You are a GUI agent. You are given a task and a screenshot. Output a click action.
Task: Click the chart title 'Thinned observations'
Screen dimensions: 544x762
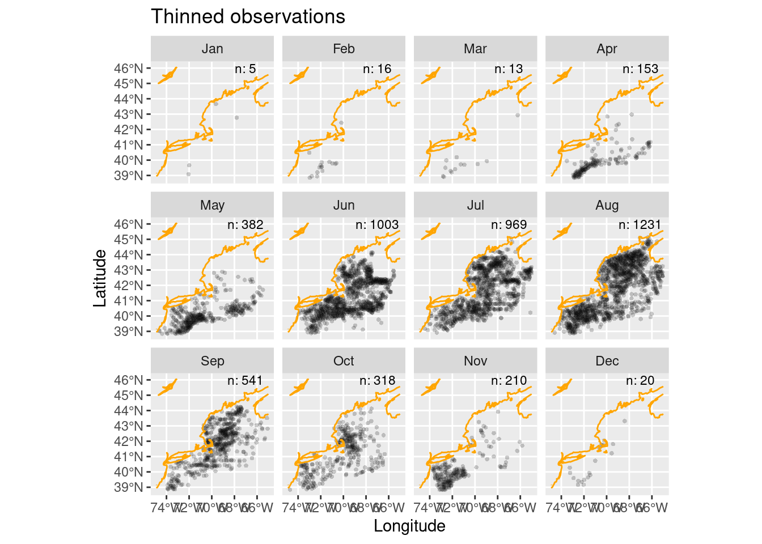pyautogui.click(x=248, y=17)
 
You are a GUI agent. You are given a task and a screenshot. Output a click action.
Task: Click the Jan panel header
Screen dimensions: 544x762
pyautogui.click(x=212, y=49)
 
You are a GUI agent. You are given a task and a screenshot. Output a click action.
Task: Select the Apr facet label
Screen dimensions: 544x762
pyautogui.click(x=607, y=49)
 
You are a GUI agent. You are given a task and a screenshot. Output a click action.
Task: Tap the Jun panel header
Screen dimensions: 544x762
pyautogui.click(x=344, y=205)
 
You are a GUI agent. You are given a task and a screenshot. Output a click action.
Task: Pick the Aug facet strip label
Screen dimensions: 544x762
pyautogui.click(x=607, y=205)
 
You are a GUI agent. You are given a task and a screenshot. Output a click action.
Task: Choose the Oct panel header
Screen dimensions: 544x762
pyautogui.click(x=344, y=361)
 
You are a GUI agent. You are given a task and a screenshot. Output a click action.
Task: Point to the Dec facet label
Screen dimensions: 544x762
pyautogui.click(x=607, y=361)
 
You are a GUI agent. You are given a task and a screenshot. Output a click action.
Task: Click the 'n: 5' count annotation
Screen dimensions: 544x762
pyautogui.click(x=245, y=69)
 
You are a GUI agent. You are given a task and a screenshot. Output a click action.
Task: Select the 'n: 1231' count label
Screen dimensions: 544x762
pyautogui.click(x=640, y=225)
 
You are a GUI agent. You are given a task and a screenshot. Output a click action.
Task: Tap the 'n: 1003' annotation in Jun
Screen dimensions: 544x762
pyautogui.click(x=377, y=225)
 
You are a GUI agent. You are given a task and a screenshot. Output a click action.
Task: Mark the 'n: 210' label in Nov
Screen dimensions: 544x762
pyautogui.click(x=509, y=381)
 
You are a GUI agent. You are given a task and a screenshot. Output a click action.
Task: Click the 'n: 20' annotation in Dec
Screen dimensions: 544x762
pyautogui.click(x=640, y=381)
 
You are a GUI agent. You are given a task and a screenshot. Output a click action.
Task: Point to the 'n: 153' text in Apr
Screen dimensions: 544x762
pyautogui.click(x=640, y=69)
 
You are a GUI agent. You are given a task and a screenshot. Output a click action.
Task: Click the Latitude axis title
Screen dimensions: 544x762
pyautogui.click(x=100, y=278)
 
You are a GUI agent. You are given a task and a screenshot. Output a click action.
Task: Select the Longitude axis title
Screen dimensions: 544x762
pyautogui.click(x=409, y=526)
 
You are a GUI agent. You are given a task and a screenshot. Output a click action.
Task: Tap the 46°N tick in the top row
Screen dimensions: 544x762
pyautogui.click(x=129, y=69)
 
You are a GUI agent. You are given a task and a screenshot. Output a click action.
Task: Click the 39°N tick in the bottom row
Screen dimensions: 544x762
pyautogui.click(x=129, y=487)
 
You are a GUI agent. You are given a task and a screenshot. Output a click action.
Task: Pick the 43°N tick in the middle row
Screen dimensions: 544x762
pyautogui.click(x=129, y=270)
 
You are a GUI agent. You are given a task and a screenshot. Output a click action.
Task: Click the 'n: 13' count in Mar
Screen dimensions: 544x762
pyautogui.click(x=509, y=69)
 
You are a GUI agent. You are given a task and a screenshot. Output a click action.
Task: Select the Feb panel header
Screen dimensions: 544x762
pyautogui.click(x=344, y=49)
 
